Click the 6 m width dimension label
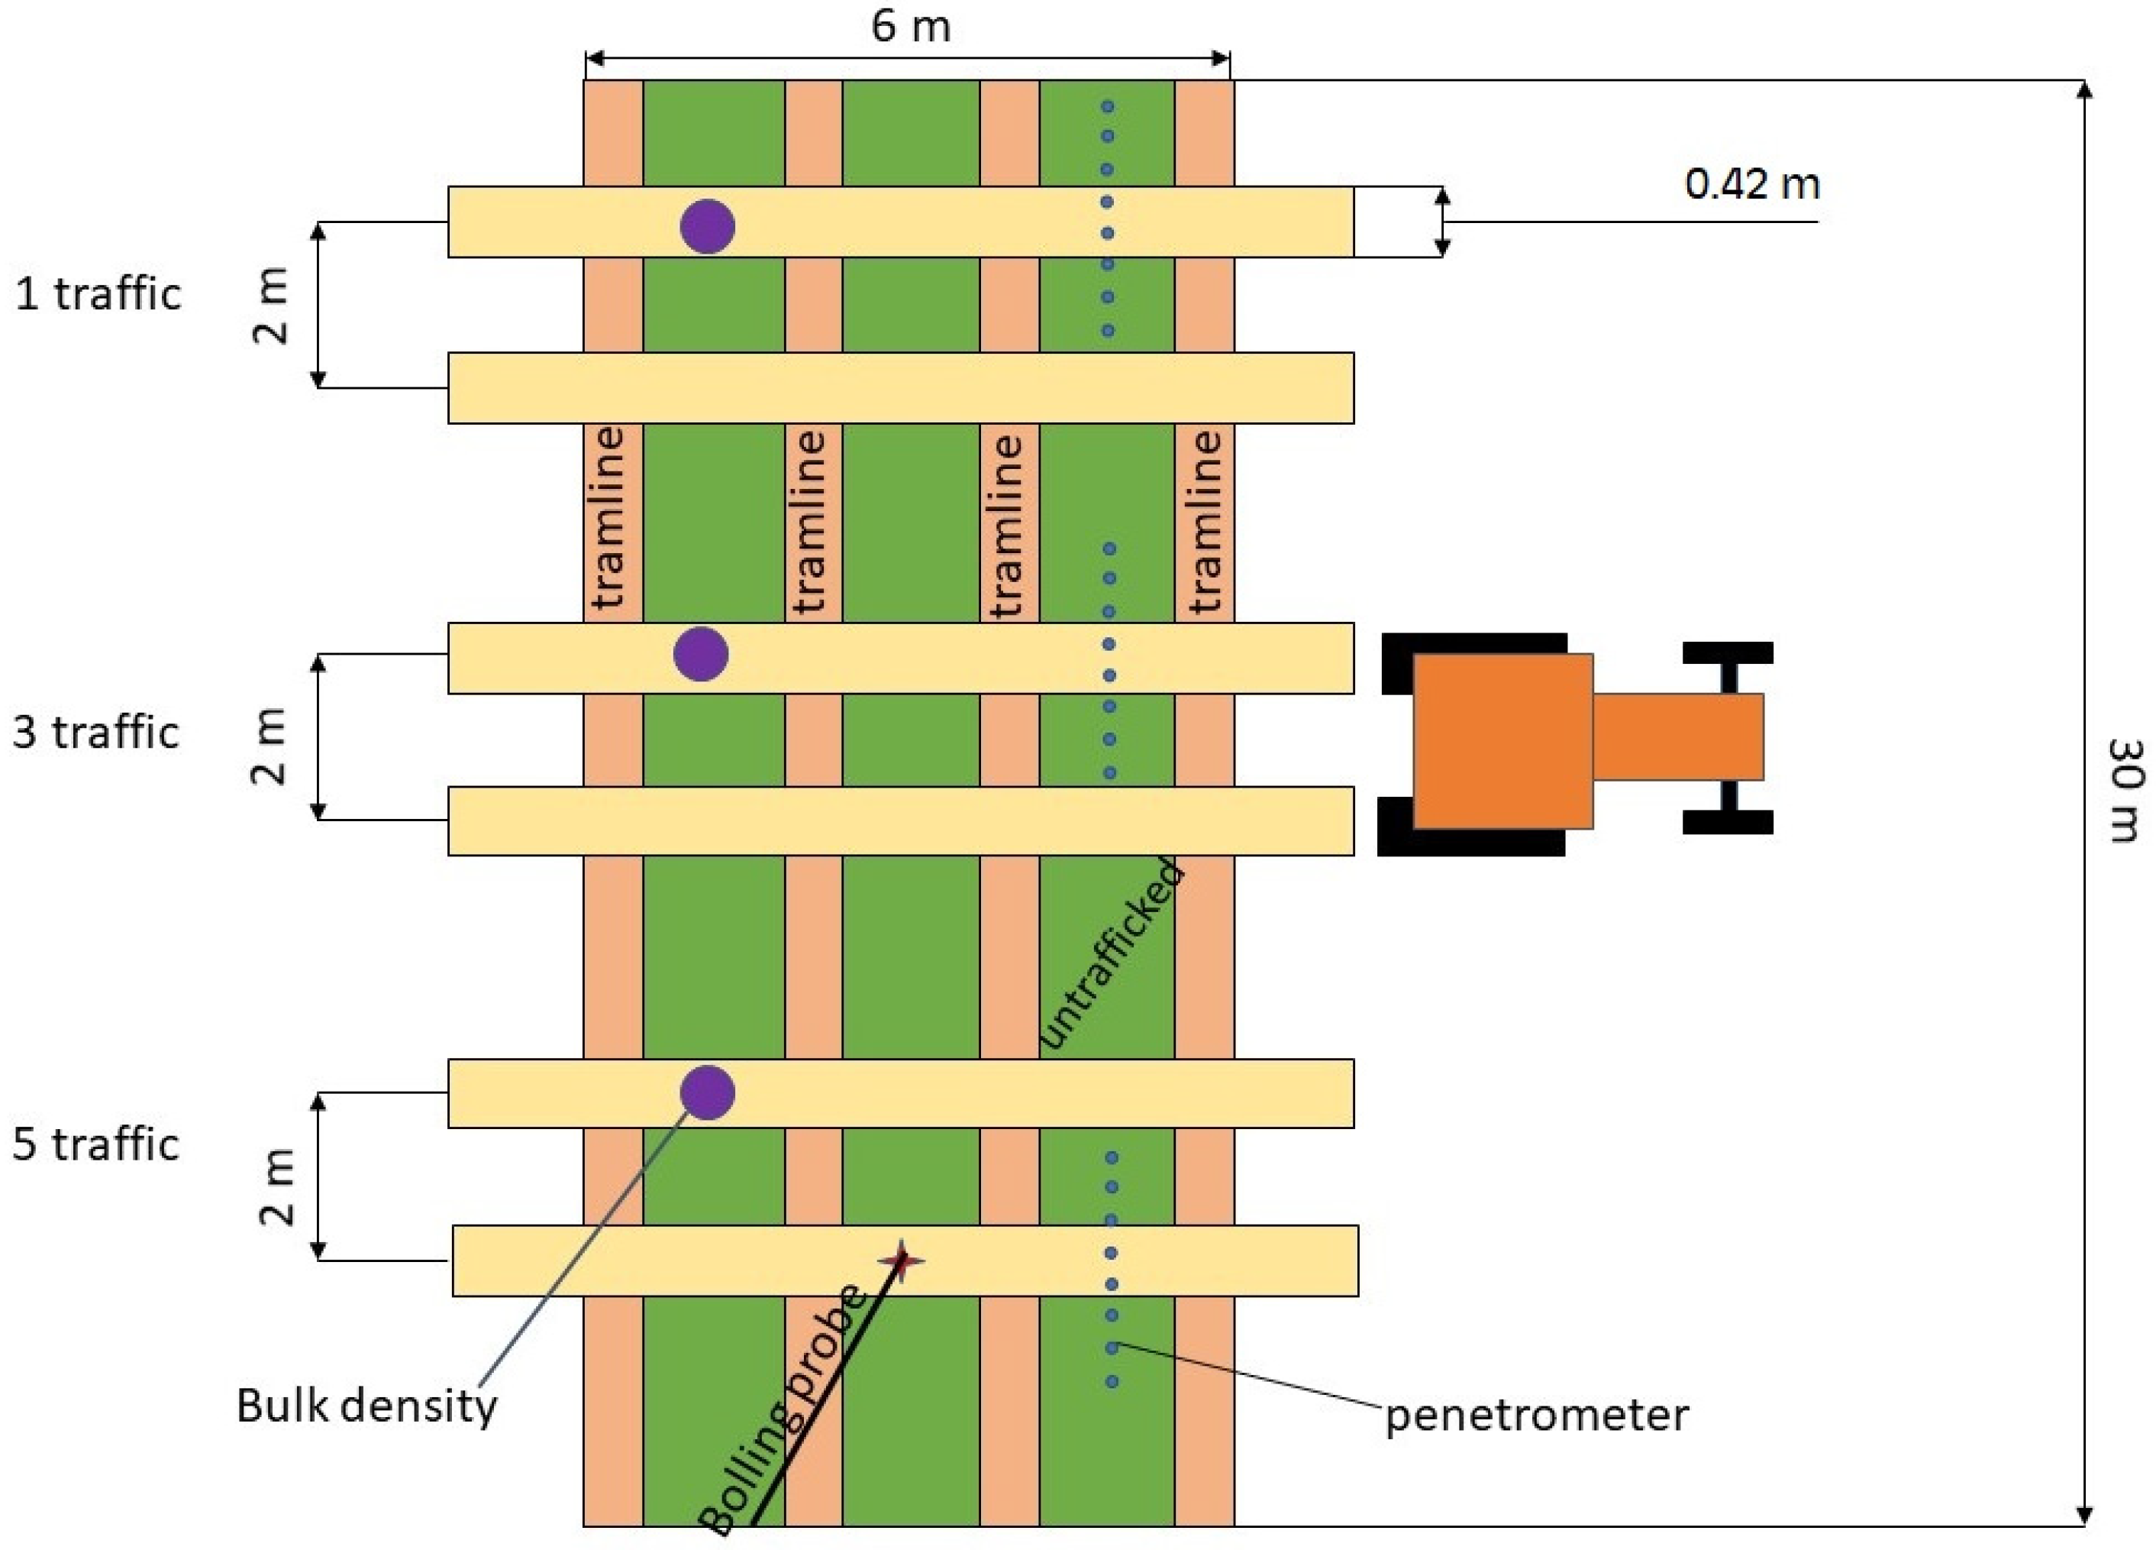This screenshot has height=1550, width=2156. pyautogui.click(x=910, y=26)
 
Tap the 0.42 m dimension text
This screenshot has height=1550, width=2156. pyautogui.click(x=1751, y=183)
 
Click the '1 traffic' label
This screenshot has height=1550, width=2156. pyautogui.click(x=98, y=294)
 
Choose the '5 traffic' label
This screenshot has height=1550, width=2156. pyautogui.click(x=95, y=1144)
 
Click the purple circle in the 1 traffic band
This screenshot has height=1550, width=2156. pyautogui.click(x=707, y=226)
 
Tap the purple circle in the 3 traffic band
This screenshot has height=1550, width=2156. pyautogui.click(x=701, y=654)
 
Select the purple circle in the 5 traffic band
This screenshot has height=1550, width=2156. pyautogui.click(x=707, y=1092)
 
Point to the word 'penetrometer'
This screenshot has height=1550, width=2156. pyautogui.click(x=1536, y=1415)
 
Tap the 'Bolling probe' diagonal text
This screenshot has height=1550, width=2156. pyautogui.click(x=782, y=1412)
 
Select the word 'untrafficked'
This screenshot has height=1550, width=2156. pyautogui.click(x=1112, y=954)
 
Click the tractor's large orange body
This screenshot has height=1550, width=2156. pyautogui.click(x=1502, y=741)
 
